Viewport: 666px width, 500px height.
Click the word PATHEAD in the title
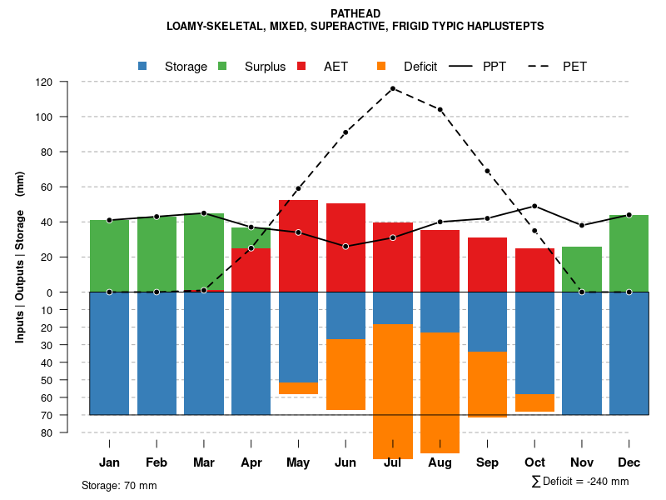355,14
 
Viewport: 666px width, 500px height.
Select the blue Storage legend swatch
142,66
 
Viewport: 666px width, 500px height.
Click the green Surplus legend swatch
222,66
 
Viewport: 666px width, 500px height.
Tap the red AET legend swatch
301,66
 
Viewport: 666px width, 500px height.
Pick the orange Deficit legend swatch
381,66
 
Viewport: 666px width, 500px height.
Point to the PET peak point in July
393,88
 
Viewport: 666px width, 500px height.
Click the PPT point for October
534,206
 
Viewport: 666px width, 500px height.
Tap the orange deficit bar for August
440,392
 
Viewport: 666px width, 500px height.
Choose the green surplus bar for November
582,269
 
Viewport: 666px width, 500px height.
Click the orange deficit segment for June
345,374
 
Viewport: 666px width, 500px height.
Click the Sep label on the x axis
488,462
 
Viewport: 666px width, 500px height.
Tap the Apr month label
251,462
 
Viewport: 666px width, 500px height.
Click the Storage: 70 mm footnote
119,485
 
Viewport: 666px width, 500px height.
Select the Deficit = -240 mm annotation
580,482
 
